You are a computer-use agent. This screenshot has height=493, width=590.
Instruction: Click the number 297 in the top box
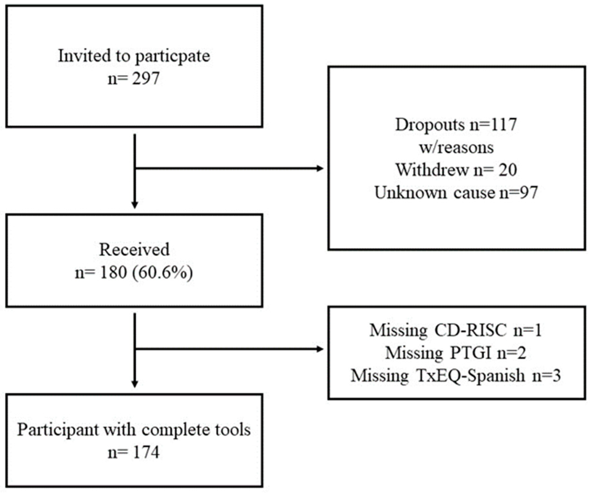pos(145,79)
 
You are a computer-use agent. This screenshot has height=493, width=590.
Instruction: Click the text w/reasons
pos(456,148)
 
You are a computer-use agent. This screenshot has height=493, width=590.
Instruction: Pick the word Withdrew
pos(432,170)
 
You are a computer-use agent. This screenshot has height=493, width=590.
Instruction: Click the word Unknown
pos(411,193)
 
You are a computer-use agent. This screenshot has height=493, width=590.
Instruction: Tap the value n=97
pos(518,193)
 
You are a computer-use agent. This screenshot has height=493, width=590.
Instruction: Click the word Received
pos(134,250)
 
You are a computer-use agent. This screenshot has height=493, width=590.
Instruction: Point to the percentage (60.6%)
pos(163,273)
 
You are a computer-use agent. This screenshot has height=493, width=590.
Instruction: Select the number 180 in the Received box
pos(113,273)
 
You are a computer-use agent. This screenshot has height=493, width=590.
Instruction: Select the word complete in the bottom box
pos(177,430)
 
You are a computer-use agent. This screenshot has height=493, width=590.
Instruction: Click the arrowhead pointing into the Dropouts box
pos(320,168)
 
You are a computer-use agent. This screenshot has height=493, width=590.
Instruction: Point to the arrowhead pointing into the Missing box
pos(320,349)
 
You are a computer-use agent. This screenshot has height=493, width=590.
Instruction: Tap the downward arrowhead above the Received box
pos(135,205)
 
